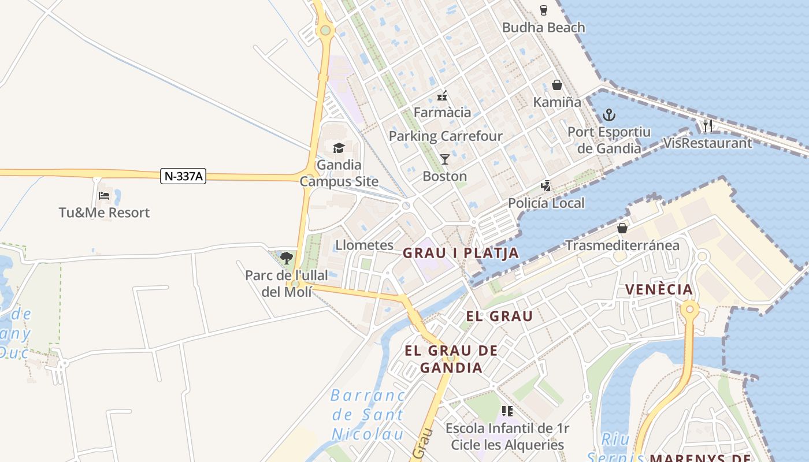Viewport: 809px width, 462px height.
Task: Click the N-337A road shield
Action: pos(183,177)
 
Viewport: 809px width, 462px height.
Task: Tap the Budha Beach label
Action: pos(543,27)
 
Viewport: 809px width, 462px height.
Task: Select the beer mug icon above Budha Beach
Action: pos(543,10)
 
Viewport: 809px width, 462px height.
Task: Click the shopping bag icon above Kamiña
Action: pos(557,85)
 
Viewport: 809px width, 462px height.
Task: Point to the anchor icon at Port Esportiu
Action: pos(609,114)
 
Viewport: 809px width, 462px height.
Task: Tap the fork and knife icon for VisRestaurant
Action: pos(708,125)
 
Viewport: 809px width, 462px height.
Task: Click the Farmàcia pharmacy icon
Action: pos(442,95)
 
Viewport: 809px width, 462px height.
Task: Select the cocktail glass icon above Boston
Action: pos(444,159)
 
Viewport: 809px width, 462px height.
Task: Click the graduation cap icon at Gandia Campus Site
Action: pos(339,148)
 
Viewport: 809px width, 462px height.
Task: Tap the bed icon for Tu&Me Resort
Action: pos(104,195)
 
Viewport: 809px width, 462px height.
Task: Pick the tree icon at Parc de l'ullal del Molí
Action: pos(287,258)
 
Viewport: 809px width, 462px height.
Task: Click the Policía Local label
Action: pos(546,203)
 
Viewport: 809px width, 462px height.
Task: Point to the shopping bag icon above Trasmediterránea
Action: pos(622,228)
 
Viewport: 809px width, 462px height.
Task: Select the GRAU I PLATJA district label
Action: pos(461,253)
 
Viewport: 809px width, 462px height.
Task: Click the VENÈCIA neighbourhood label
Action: pos(659,289)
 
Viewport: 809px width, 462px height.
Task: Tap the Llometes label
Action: pos(364,245)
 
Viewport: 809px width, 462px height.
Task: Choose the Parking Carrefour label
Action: pos(446,136)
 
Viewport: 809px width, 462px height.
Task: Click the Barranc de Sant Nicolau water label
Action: pos(367,414)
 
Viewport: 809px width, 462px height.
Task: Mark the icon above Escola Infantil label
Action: pos(507,411)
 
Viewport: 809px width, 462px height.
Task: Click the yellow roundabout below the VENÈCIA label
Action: pos(689,310)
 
